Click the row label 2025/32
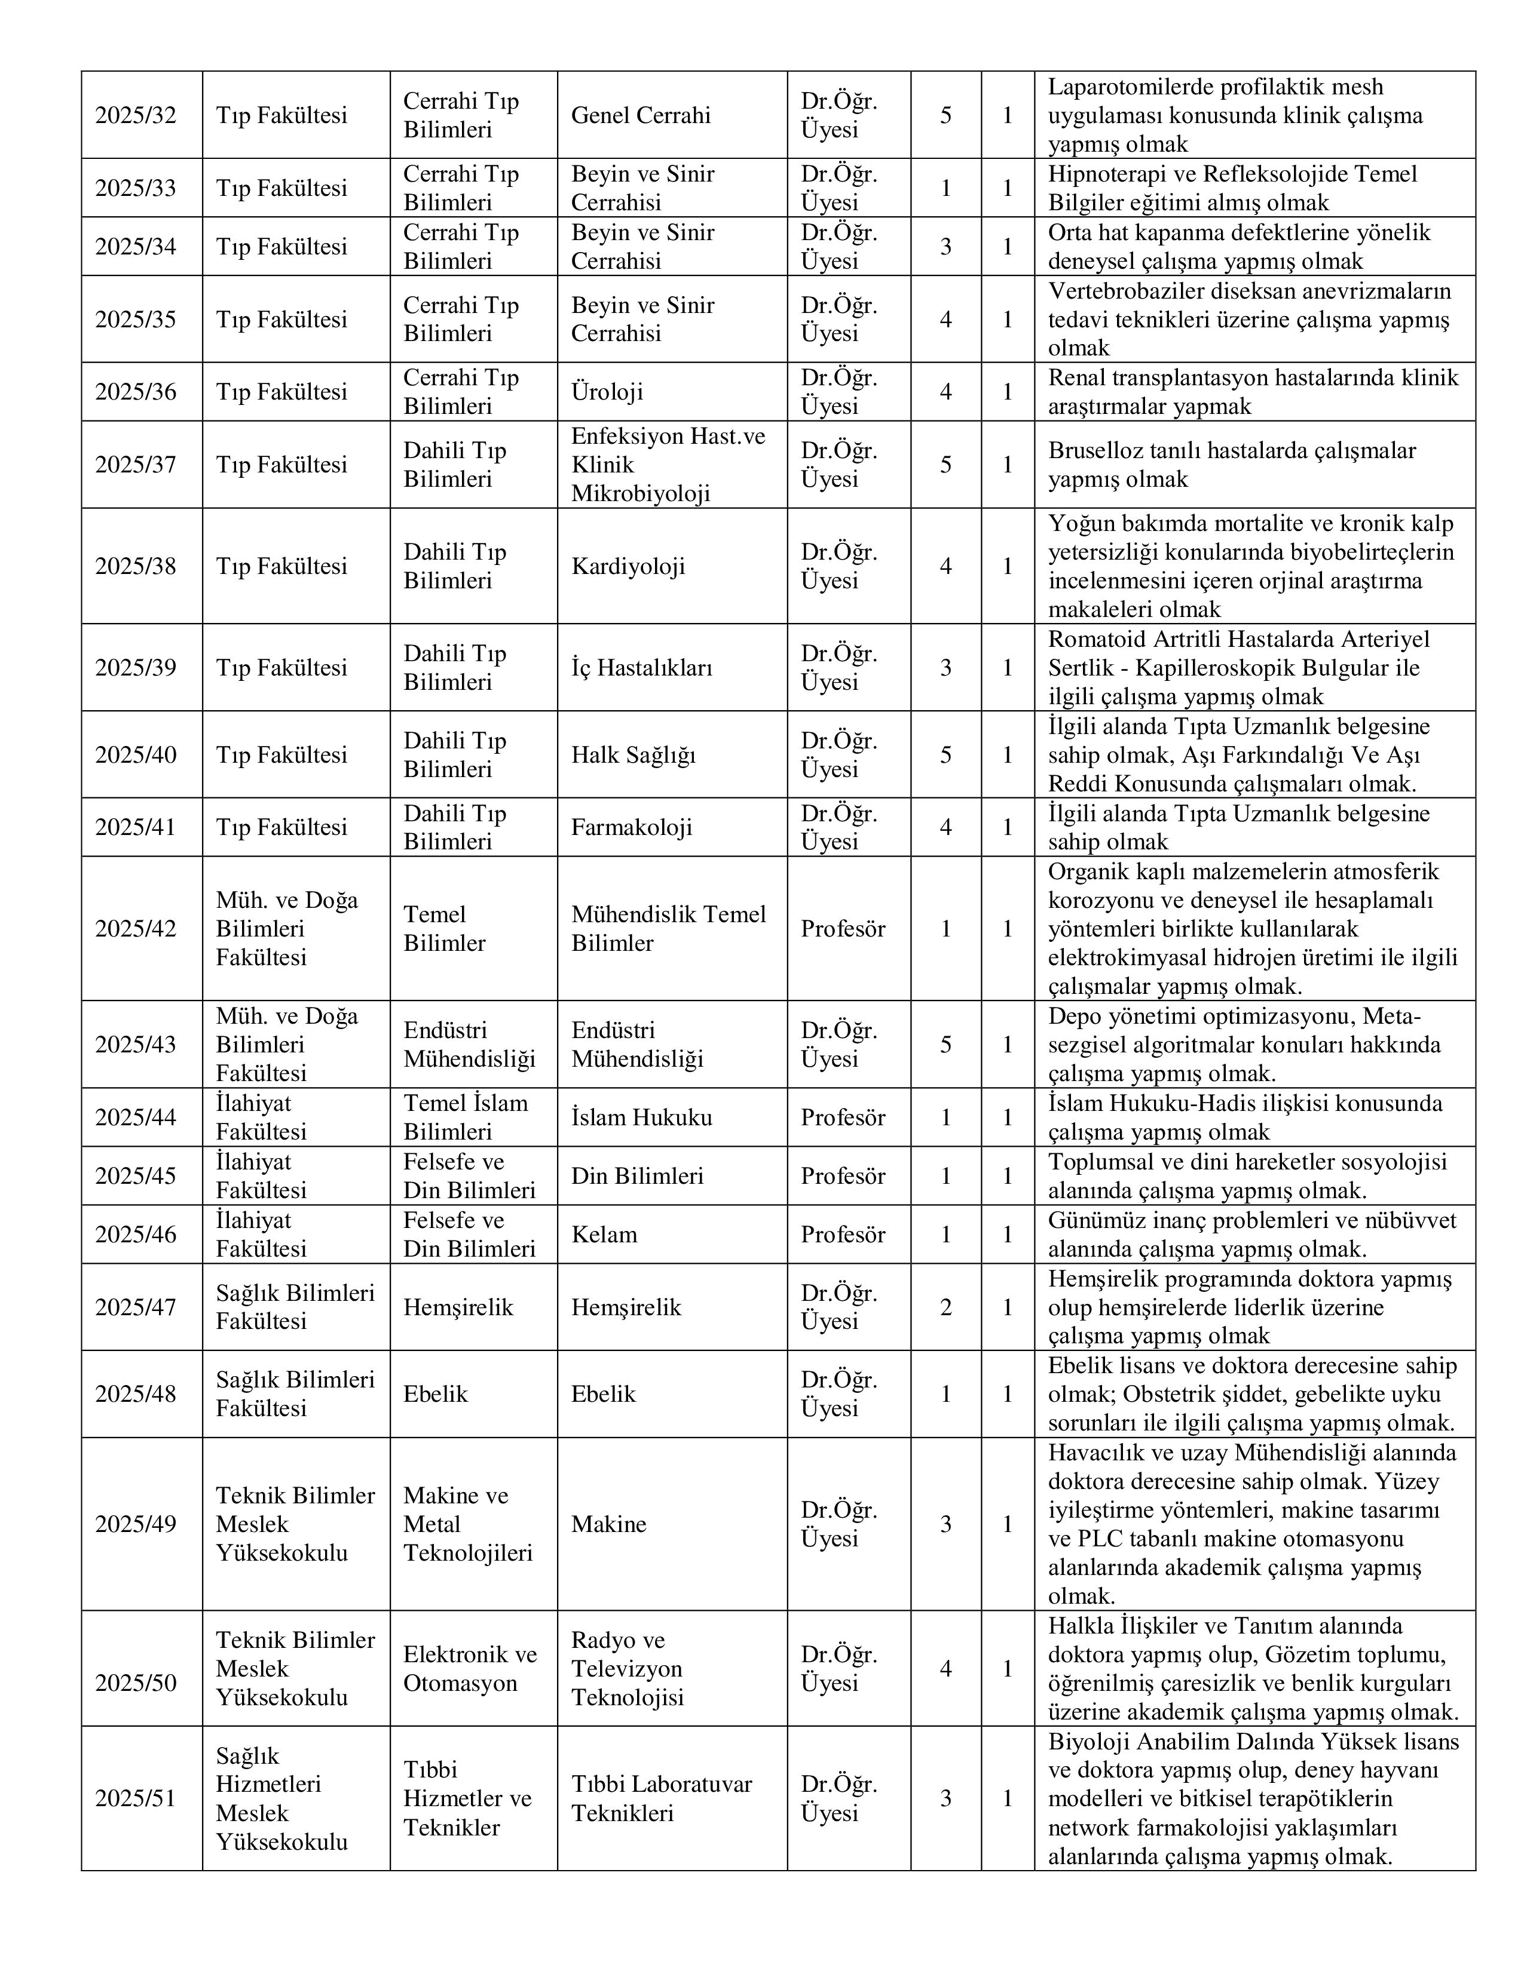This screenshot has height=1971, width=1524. (x=136, y=115)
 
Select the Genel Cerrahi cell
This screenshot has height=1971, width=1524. (x=641, y=115)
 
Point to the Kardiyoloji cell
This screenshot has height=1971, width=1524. (x=628, y=566)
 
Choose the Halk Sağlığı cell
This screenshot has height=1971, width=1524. (x=633, y=754)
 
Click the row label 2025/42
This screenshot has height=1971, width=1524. (x=136, y=929)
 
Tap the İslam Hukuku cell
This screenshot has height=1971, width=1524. (x=641, y=1117)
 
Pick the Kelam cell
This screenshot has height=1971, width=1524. (x=604, y=1235)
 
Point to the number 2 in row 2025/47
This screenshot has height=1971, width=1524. (x=945, y=1307)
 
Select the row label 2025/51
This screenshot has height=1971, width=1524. (x=136, y=1798)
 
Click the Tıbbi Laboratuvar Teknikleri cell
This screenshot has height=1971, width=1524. (x=661, y=1798)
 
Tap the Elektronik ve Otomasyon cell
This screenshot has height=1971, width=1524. (x=470, y=1669)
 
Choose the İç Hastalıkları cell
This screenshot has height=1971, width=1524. (x=642, y=668)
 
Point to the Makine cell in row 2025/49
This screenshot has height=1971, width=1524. (x=608, y=1524)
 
